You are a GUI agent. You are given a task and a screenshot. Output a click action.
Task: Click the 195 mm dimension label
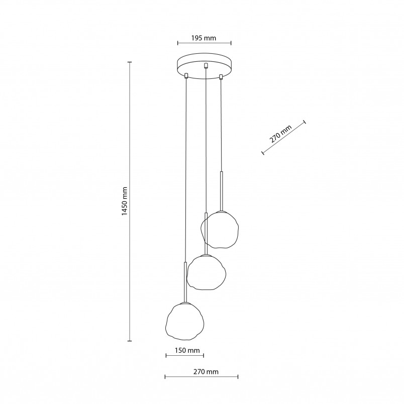(204, 38)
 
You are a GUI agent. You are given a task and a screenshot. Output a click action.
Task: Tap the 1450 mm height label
(125, 201)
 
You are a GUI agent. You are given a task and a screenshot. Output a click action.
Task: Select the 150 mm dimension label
(187, 350)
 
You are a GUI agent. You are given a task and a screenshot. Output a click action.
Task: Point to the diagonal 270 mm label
(280, 134)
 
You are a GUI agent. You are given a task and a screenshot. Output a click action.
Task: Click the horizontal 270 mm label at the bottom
(206, 371)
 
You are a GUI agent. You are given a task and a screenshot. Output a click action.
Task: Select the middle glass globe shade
(207, 272)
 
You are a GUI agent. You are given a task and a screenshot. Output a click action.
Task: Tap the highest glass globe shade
(220, 230)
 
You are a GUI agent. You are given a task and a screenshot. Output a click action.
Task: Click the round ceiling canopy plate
(204, 66)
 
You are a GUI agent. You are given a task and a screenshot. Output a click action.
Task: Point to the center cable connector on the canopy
(206, 66)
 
